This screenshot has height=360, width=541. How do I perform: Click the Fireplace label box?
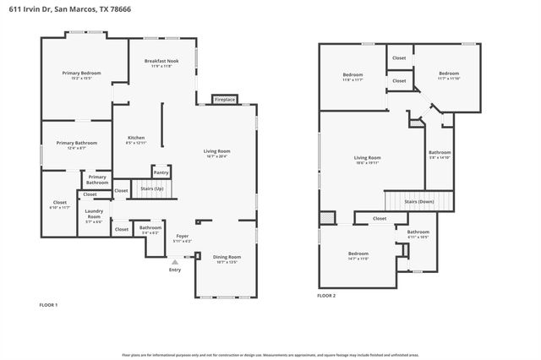point(224,99)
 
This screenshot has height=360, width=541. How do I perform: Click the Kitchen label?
point(136,139)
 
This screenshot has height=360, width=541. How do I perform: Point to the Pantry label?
point(161,172)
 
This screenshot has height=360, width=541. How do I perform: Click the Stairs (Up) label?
point(152,188)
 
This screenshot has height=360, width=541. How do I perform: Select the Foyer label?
point(182,237)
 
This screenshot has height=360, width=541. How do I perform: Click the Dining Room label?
point(227,258)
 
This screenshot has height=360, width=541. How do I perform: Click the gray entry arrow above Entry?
point(175,263)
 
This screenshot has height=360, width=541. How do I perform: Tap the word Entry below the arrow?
point(175,270)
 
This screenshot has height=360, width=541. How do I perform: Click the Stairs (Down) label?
point(419,202)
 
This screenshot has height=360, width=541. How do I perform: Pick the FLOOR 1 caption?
point(49,303)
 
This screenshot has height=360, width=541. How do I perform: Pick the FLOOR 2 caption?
point(326,296)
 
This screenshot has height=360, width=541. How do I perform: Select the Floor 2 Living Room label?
point(367,158)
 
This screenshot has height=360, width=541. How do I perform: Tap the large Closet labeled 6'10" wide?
point(60,204)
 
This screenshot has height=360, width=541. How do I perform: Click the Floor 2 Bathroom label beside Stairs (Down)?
point(439,153)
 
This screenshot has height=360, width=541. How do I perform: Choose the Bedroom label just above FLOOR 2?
point(358,254)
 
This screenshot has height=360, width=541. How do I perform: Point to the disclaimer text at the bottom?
point(270,355)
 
